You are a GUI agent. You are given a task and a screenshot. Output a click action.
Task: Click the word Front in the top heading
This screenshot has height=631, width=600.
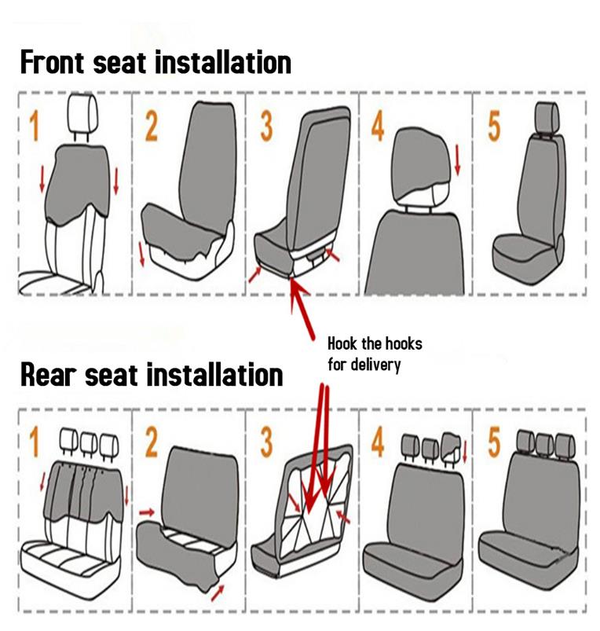(x=53, y=62)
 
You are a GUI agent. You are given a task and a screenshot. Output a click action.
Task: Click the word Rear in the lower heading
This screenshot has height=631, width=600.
(x=48, y=375)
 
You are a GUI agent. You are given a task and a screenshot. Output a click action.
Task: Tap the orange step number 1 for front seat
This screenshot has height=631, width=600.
(x=35, y=127)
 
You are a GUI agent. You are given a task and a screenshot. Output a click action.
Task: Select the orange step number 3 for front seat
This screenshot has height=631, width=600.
(x=266, y=127)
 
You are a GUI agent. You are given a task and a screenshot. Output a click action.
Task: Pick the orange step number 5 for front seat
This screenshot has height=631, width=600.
(x=493, y=127)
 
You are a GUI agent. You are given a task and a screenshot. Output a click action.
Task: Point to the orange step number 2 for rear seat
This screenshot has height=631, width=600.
(x=152, y=442)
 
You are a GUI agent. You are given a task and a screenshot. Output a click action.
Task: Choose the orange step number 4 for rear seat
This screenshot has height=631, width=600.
(x=378, y=442)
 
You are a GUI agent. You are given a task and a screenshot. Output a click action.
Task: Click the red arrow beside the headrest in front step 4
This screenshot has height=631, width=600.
(x=457, y=160)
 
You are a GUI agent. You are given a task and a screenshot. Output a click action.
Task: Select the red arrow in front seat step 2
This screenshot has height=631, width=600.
(x=141, y=254)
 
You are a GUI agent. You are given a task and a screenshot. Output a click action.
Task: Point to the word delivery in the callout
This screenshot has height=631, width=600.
(x=375, y=365)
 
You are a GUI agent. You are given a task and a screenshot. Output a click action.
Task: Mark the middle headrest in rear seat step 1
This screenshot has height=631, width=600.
(x=89, y=443)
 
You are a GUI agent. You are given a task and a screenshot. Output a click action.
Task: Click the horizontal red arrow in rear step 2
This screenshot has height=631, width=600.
(x=147, y=512)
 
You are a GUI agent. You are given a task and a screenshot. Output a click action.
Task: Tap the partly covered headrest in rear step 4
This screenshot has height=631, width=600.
(x=452, y=448)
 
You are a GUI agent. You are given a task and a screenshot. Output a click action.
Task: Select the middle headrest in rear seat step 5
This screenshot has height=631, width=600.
(x=545, y=443)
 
